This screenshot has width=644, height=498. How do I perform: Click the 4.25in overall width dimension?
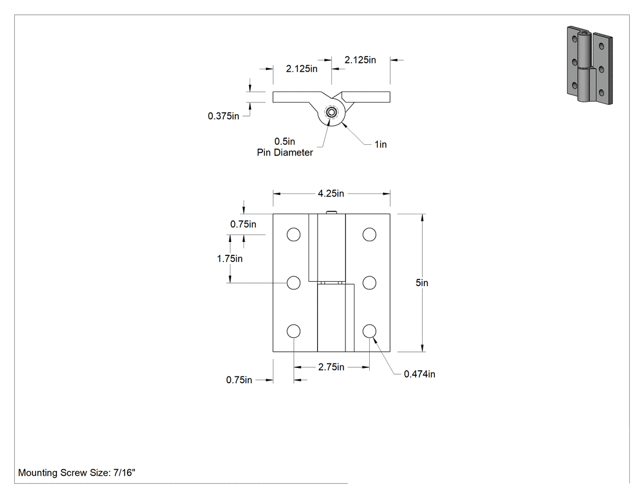[x=331, y=193]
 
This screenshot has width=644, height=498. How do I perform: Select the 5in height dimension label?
[x=422, y=282]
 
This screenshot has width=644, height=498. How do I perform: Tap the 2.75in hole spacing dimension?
[x=331, y=367]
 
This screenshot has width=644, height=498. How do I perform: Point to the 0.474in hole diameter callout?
[x=420, y=374]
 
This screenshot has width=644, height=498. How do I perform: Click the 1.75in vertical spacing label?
[x=229, y=259]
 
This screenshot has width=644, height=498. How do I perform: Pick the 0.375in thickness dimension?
[x=223, y=116]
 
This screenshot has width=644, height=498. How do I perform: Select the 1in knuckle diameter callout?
[x=381, y=144]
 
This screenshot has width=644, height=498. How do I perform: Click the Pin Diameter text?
[x=285, y=152]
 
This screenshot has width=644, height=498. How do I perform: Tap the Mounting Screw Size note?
[x=77, y=472]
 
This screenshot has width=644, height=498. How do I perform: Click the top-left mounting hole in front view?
[x=294, y=235]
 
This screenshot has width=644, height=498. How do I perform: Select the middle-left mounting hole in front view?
[x=294, y=283]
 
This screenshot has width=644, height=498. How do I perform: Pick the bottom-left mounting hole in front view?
[x=294, y=331]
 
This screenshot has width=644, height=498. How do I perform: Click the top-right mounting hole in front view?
[x=369, y=235]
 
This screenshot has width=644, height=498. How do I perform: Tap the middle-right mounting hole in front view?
[x=369, y=283]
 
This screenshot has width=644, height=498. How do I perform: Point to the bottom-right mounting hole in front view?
[x=369, y=331]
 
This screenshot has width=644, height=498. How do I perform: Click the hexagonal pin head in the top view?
[x=331, y=112]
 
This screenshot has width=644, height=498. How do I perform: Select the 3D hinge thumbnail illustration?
[x=590, y=65]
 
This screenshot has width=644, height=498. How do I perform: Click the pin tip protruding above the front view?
[x=331, y=212]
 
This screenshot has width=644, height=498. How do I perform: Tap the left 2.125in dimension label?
[x=302, y=69]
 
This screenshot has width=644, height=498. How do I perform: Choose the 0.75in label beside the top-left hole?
[x=243, y=224]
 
